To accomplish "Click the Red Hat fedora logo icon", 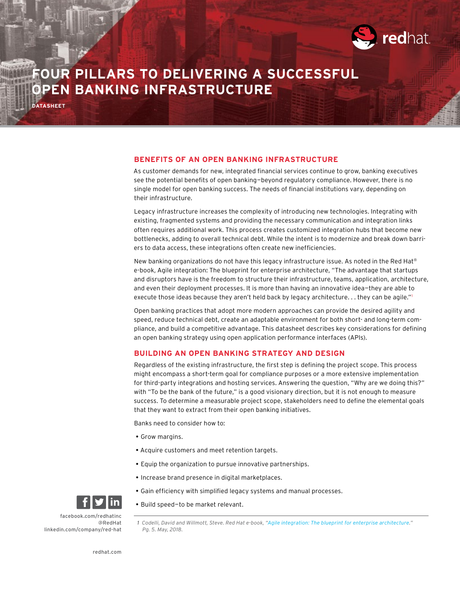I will click(364, 37).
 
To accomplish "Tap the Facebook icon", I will click(84, 502).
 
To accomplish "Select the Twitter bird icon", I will click(99, 502).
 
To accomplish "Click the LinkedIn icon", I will click(115, 502).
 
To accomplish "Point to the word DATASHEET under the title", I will click(49, 106).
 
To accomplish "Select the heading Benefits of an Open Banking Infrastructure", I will click(236, 159).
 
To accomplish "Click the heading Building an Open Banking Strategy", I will click(239, 353).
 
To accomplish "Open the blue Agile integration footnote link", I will click(339, 523).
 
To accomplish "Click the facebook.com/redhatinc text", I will click(91, 516).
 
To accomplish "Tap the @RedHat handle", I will click(110, 523).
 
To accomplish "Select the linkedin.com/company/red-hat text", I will click(83, 529).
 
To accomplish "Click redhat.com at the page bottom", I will click(107, 552).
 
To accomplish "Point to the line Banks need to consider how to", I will click(179, 423).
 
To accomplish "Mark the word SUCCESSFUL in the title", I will click(313, 74).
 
